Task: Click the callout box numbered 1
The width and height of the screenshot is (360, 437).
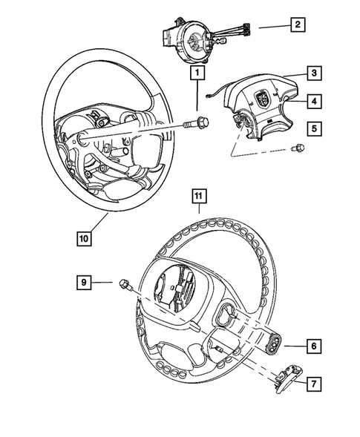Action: (x=197, y=73)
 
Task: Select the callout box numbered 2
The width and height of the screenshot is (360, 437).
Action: (x=297, y=26)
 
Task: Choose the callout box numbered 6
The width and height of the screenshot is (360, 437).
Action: (x=314, y=345)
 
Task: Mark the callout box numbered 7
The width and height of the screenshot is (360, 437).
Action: (x=314, y=383)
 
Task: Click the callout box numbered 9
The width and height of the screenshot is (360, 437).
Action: (x=85, y=281)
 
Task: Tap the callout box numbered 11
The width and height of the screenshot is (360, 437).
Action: (x=198, y=196)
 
